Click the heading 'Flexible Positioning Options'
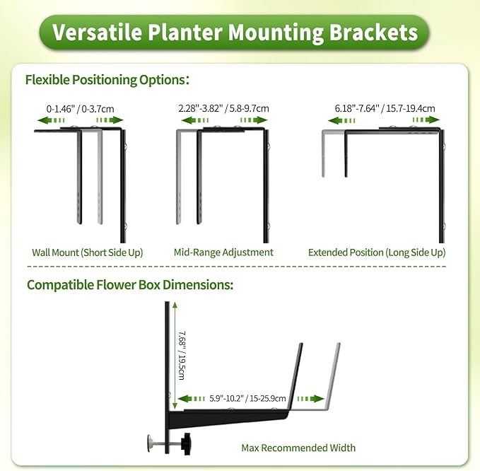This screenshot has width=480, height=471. (x=107, y=80)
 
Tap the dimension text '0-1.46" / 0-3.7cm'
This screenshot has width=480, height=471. (x=80, y=109)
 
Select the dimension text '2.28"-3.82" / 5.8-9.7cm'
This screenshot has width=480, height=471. (x=223, y=109)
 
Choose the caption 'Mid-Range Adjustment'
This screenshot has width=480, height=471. (x=223, y=252)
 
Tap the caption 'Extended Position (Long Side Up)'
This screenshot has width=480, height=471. (x=377, y=252)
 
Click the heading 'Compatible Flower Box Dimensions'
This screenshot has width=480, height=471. (x=130, y=286)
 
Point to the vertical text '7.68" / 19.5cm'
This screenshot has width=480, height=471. (x=182, y=354)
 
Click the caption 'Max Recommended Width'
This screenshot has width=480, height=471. (x=298, y=448)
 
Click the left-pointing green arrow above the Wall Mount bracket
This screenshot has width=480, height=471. (x=47, y=121)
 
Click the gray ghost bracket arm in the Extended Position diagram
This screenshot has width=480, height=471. (x=324, y=152)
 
